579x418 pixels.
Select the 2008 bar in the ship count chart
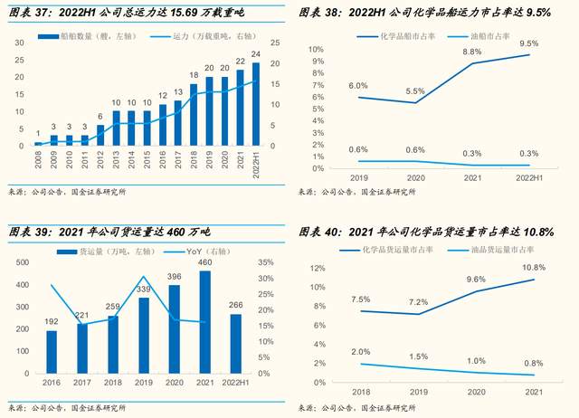38,143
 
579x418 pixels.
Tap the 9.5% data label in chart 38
529,43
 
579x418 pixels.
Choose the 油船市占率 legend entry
481,36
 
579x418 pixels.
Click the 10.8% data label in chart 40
533,268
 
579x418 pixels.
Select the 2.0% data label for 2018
361,351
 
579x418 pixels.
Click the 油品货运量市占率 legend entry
504,250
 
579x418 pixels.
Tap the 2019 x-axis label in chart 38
360,178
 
